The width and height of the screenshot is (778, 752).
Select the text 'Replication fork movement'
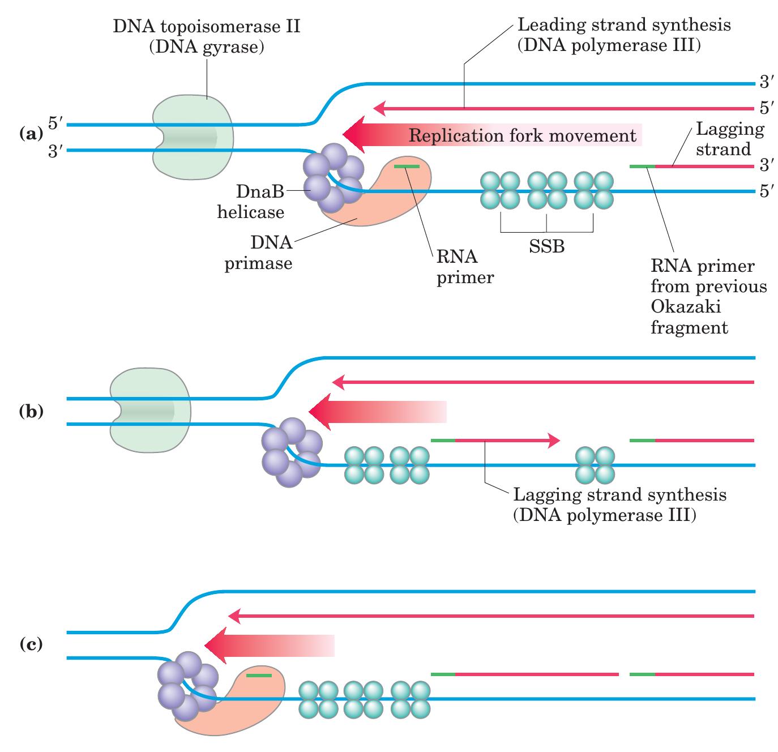tap(522, 136)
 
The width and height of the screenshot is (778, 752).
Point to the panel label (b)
tap(31, 411)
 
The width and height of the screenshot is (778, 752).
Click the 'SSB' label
tap(546, 247)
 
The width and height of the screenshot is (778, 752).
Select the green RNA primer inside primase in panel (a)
tap(407, 166)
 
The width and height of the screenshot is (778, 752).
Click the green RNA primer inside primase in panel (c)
tap(259, 675)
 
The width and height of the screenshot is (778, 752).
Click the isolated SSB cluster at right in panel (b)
tap(595, 465)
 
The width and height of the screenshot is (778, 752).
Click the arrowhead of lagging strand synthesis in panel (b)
tap(554, 440)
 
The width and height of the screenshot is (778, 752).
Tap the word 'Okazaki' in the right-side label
tap(685, 307)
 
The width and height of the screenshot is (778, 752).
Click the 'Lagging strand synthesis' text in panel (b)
tap(619, 495)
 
